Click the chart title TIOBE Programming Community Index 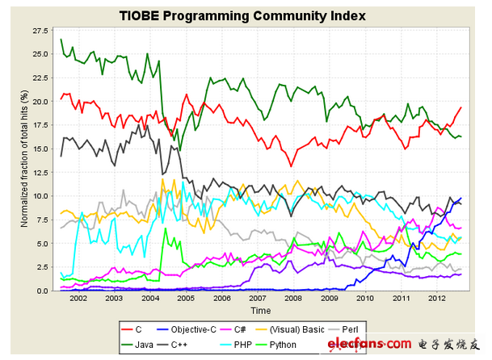pos(242,15)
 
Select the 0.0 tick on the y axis pos(43,291)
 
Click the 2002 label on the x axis pos(78,299)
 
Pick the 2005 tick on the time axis pos(186,299)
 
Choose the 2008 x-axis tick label pos(294,299)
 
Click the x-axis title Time pos(260,311)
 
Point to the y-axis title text pos(24,160)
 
